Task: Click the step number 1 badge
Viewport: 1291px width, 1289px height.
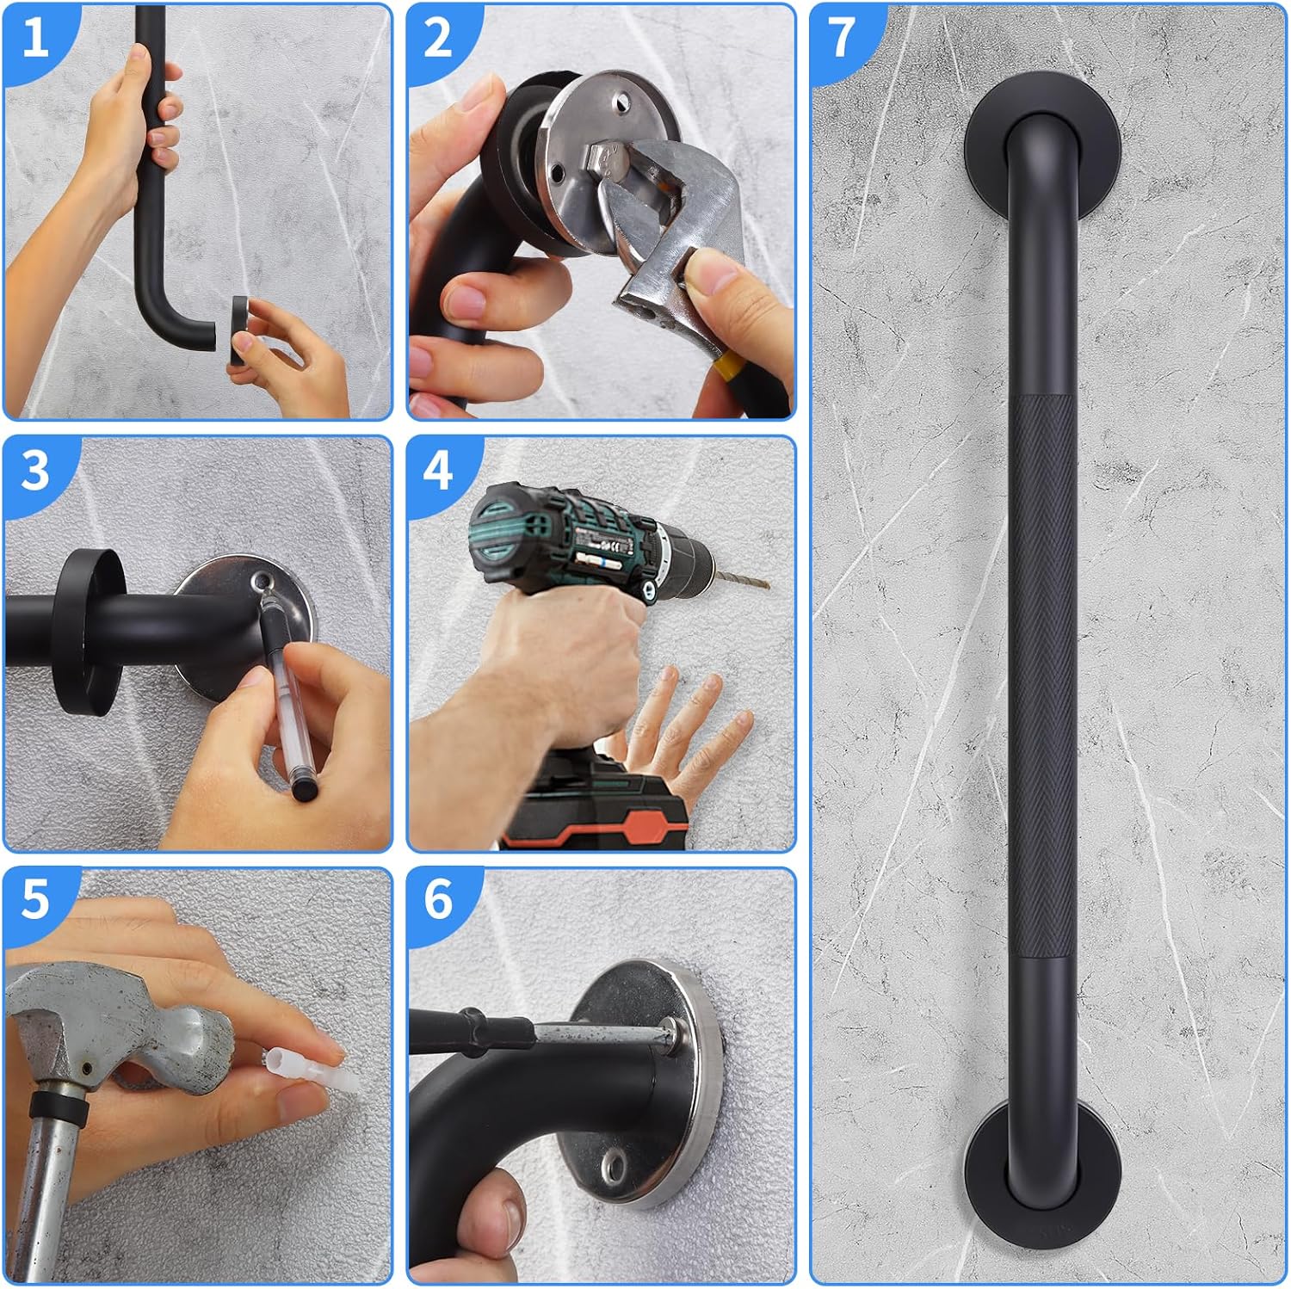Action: click(34, 38)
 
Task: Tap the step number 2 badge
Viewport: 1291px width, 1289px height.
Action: click(437, 38)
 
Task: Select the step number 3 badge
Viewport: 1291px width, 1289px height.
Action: click(34, 472)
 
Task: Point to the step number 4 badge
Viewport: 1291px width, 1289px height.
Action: click(437, 472)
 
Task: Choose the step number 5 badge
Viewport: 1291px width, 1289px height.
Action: click(34, 900)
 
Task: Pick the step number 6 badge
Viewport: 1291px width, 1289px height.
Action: click(437, 900)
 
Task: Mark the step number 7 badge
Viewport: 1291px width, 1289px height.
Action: click(841, 38)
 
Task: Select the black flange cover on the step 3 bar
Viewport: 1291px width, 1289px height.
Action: click(86, 632)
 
